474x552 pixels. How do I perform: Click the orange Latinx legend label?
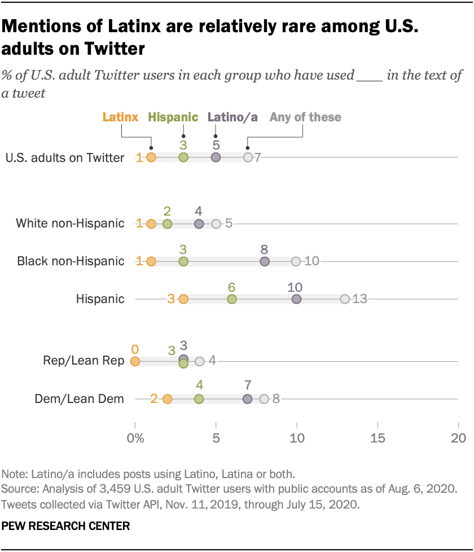click(120, 117)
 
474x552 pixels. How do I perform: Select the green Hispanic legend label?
click(173, 117)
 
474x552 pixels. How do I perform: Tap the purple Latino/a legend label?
click(232, 117)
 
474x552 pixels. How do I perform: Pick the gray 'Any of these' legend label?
click(305, 117)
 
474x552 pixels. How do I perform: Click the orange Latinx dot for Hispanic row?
click(183, 299)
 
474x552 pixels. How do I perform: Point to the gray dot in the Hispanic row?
click(345, 299)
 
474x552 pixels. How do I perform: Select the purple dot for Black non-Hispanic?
click(265, 261)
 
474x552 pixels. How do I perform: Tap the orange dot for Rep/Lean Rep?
click(135, 361)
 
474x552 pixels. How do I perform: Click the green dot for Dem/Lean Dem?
click(199, 399)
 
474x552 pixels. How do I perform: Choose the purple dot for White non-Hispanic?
click(199, 224)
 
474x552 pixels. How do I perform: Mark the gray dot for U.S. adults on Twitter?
click(248, 157)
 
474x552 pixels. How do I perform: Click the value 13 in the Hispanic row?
click(360, 299)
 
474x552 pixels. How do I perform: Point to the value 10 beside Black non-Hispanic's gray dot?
click(312, 261)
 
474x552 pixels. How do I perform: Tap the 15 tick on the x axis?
click(377, 437)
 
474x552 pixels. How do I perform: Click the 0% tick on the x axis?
click(135, 437)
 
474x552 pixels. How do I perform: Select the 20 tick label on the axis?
click(458, 437)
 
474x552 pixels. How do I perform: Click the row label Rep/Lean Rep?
click(84, 361)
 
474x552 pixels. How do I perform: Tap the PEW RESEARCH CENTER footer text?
click(66, 525)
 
